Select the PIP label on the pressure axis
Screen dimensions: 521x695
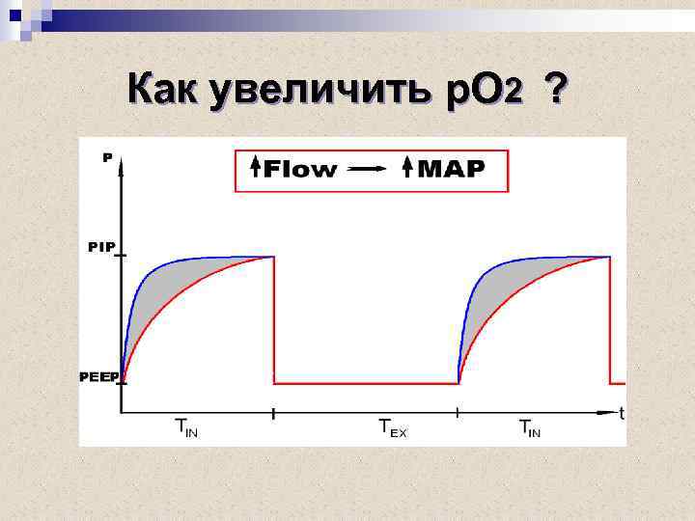pyautogui.click(x=101, y=247)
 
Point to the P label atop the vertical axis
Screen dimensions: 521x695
pyautogui.click(x=107, y=157)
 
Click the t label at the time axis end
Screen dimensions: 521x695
pyautogui.click(x=621, y=414)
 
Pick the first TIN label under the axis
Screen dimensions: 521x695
pyautogui.click(x=186, y=426)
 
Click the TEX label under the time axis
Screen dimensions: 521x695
pyautogui.click(x=392, y=426)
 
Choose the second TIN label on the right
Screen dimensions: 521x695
pyautogui.click(x=530, y=426)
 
